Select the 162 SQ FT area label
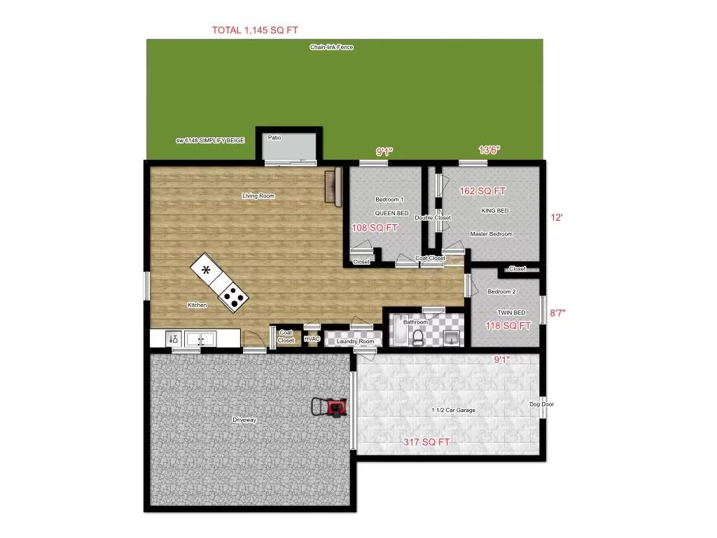pyautogui.click(x=482, y=191)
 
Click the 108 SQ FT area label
pyautogui.click(x=374, y=228)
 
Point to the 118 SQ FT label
pyautogui.click(x=508, y=326)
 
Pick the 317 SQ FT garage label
pyautogui.click(x=426, y=442)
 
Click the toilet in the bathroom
pyautogui.click(x=418, y=338)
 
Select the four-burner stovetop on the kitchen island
pyautogui.click(x=234, y=299)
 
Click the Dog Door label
pyautogui.click(x=543, y=404)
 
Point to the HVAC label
pyautogui.click(x=312, y=340)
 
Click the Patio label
pyautogui.click(x=274, y=138)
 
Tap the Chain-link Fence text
pyautogui.click(x=332, y=48)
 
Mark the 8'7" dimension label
pyautogui.click(x=557, y=315)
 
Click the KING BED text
pyautogui.click(x=494, y=211)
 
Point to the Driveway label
pyautogui.click(x=245, y=420)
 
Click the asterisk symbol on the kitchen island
pyautogui.click(x=206, y=270)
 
